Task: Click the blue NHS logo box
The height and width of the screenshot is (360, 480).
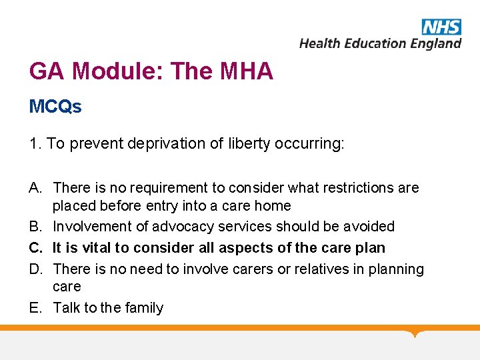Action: click(x=441, y=27)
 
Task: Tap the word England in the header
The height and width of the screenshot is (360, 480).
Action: click(x=435, y=44)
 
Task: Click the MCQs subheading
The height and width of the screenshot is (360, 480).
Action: click(x=55, y=107)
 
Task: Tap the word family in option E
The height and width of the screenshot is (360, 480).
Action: click(x=143, y=308)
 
